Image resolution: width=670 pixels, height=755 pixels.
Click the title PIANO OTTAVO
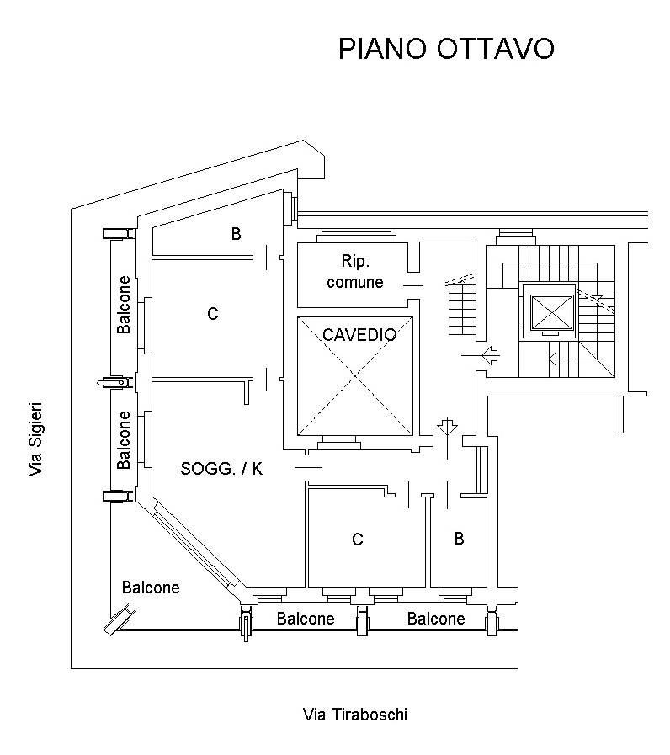[445, 49]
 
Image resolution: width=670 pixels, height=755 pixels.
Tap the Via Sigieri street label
[35, 439]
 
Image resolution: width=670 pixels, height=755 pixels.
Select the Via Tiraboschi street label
[354, 715]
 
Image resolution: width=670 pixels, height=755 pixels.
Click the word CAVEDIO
[359, 334]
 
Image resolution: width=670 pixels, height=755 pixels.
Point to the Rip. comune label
[354, 271]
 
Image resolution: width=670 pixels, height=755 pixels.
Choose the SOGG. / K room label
[221, 469]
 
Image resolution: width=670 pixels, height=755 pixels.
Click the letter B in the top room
[236, 234]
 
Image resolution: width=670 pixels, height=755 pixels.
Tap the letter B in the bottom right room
[459, 539]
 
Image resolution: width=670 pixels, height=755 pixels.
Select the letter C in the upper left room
[212, 314]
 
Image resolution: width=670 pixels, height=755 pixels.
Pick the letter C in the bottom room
[357, 540]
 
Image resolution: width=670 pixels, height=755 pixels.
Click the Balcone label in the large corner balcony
[151, 588]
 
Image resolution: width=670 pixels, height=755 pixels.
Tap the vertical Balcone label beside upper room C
[125, 305]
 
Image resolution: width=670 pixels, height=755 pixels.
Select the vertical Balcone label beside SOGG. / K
[125, 439]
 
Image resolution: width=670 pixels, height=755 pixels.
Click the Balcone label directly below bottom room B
[435, 619]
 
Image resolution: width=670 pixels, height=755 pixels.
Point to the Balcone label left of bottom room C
[306, 619]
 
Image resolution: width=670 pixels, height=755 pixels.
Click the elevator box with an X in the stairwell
[549, 311]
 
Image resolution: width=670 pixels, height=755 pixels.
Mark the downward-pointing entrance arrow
[447, 428]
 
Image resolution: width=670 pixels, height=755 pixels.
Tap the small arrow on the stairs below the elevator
[555, 360]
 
